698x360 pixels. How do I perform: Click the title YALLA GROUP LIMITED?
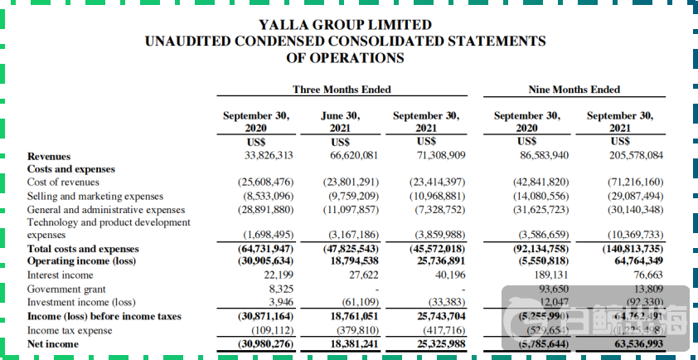pos(345,25)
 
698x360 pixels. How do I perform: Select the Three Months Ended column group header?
pos(342,90)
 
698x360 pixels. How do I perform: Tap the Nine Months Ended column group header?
pos(574,90)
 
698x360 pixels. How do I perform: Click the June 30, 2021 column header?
pos(341,123)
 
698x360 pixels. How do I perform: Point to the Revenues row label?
pos(49,155)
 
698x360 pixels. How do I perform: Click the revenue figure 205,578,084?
pos(626,155)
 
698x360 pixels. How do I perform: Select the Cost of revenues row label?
pos(63,182)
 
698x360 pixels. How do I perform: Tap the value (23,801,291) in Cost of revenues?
pos(351,182)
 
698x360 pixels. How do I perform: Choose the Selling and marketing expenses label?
pos(95,196)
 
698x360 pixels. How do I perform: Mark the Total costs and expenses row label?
pos(83,249)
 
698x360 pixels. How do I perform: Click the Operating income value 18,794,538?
pos(355,261)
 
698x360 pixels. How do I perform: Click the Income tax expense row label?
pos(70,329)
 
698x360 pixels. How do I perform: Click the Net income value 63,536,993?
pos(632,343)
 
